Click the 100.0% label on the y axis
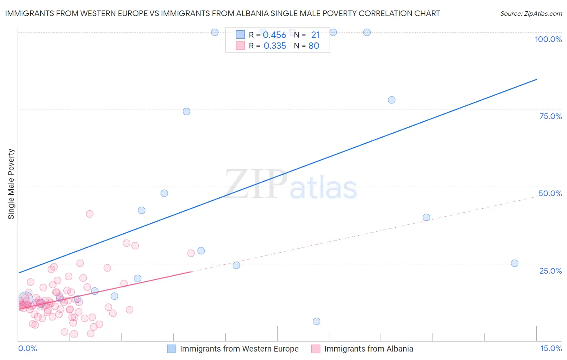click(x=548, y=39)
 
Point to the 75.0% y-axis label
click(x=550, y=116)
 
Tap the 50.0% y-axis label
click(x=550, y=193)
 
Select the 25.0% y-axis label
click(x=550, y=271)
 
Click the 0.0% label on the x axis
click(x=27, y=349)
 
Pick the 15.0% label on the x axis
click(x=551, y=349)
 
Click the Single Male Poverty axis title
click(x=11, y=184)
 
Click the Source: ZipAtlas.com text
click(x=531, y=14)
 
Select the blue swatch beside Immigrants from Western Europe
click(x=172, y=349)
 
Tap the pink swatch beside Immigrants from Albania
click(x=316, y=349)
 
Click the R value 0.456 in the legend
click(x=275, y=35)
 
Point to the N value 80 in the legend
click(x=314, y=46)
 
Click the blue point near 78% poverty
click(x=392, y=100)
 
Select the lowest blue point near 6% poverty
click(x=317, y=321)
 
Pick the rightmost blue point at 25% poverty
click(x=515, y=264)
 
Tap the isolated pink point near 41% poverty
click(x=90, y=214)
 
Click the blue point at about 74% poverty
click(x=186, y=111)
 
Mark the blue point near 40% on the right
click(x=426, y=218)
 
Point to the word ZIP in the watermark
click(x=256, y=184)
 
